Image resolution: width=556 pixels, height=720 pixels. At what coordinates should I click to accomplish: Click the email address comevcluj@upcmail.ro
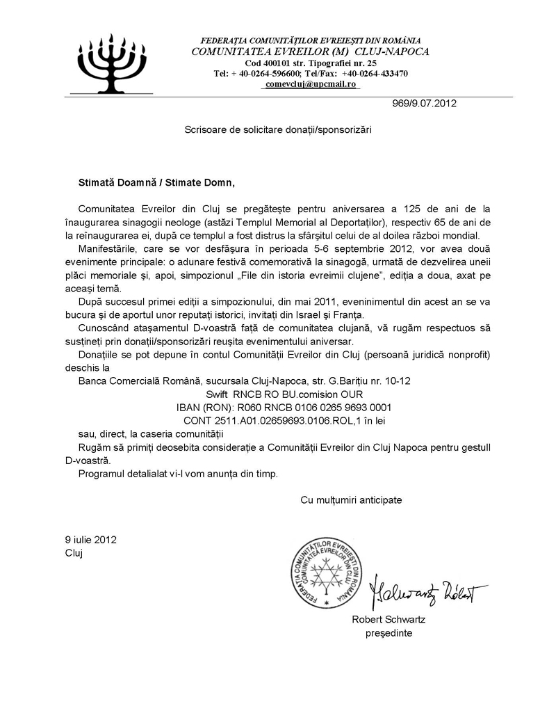coord(311,83)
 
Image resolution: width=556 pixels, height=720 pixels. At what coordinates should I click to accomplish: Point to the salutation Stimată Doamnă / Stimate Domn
coord(156,183)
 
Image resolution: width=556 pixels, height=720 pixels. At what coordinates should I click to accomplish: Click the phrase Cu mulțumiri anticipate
coord(351,499)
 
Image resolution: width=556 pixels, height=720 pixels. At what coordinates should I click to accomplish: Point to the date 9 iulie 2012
coord(90,539)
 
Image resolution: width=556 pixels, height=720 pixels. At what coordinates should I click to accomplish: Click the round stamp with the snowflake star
coord(327,572)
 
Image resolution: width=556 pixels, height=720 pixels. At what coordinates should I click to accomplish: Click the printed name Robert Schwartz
coord(389,620)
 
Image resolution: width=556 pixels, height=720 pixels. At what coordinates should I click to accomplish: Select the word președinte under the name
coord(389,633)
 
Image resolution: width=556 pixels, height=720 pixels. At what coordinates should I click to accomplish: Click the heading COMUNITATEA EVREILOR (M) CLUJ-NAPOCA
coord(310,51)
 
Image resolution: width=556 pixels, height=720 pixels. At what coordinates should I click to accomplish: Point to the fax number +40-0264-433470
coord(374,73)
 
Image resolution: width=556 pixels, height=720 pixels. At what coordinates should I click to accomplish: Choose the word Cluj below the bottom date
coord(73,553)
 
